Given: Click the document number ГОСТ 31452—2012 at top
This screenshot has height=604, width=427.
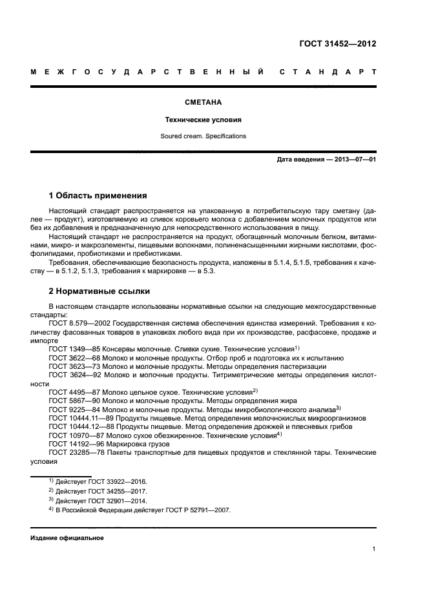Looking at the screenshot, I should point(338,45).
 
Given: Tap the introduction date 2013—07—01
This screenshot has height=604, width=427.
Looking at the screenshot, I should point(354,160).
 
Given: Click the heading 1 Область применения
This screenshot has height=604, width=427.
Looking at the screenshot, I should point(98,195).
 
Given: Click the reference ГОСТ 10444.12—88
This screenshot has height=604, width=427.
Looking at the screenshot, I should point(76,426).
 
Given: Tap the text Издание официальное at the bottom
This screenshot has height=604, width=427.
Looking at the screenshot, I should point(67,538).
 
